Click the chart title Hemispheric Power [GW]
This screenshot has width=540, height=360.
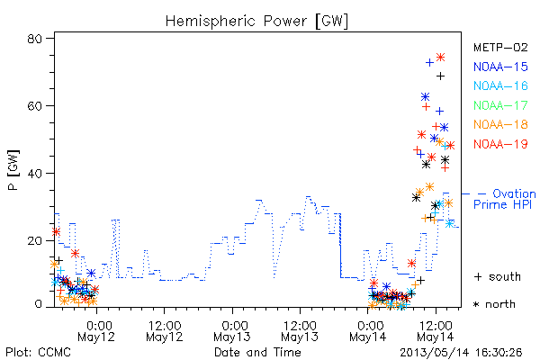coord(256,21)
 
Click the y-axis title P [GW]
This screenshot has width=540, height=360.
coord(13,170)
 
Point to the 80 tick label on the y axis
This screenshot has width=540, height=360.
coord(34,38)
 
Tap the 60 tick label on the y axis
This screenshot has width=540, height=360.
coord(34,106)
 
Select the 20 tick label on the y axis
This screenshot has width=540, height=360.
coord(34,240)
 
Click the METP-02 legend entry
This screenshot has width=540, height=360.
coord(500,47)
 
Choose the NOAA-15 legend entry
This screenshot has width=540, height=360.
coord(500,67)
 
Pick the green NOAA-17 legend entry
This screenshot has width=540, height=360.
coord(500,105)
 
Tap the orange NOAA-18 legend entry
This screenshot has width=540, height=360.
coord(500,124)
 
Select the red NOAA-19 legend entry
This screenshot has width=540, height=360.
coord(500,144)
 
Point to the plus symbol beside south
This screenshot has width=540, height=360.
coord(478,276)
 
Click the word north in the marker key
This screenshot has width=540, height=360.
coord(500,304)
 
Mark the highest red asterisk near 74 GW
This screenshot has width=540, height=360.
coord(440,58)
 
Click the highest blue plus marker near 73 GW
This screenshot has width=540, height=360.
coord(429,63)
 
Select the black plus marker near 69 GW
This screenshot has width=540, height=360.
coord(440,76)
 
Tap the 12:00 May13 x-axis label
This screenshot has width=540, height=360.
coord(300,331)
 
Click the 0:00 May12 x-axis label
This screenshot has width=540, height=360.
coord(96,331)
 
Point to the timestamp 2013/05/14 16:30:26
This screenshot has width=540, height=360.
coord(461,353)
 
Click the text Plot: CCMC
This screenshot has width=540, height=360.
coord(38,353)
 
